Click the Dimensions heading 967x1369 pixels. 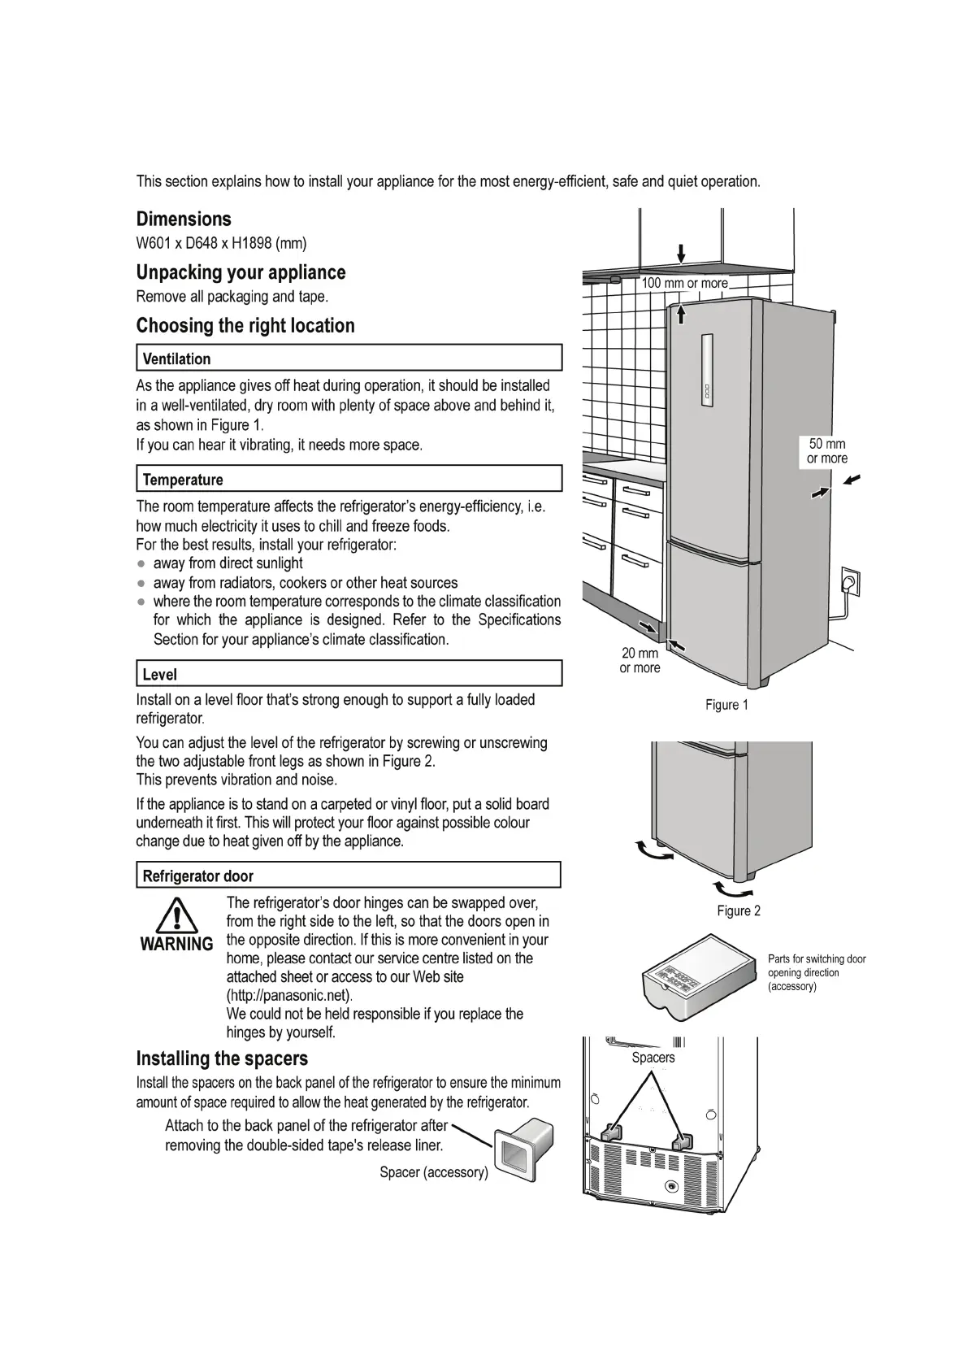click(x=184, y=219)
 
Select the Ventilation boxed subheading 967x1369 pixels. click(x=176, y=359)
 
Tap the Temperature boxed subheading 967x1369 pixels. click(x=183, y=479)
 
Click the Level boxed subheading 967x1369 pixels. click(x=160, y=674)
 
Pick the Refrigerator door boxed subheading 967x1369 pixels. click(x=197, y=876)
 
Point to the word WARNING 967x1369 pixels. click(x=176, y=944)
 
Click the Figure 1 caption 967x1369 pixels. click(x=726, y=705)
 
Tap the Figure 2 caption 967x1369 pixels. click(x=739, y=910)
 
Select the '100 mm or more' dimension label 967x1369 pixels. click(x=684, y=283)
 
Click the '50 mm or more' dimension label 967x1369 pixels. click(x=826, y=451)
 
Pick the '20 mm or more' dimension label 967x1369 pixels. click(x=640, y=660)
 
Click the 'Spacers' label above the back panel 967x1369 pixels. click(x=653, y=1057)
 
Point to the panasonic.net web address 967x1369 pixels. click(x=289, y=995)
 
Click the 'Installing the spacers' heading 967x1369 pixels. click(x=222, y=1058)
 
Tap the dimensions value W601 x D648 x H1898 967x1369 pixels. click(x=221, y=243)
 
